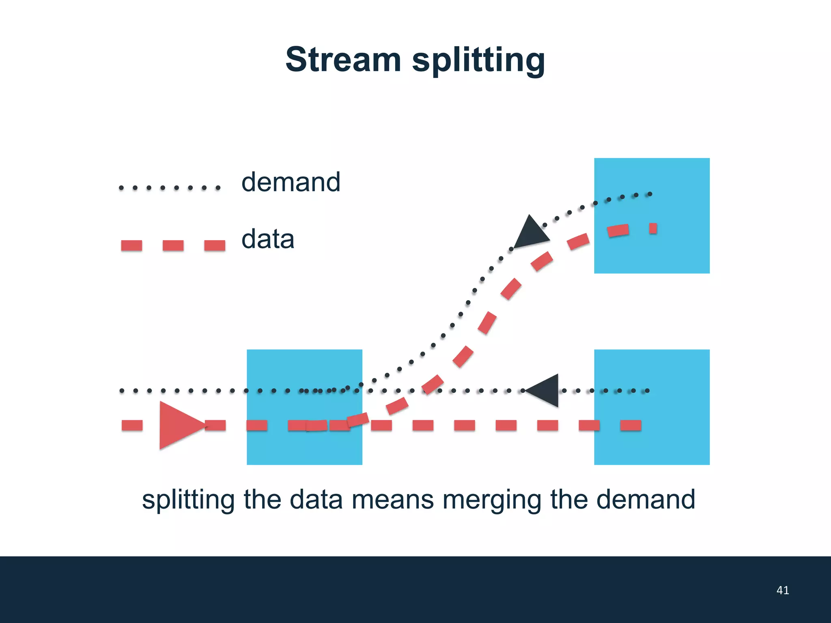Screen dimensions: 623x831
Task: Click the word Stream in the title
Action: [343, 60]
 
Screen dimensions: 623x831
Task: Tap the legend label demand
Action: [291, 182]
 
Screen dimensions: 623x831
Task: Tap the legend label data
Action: [268, 239]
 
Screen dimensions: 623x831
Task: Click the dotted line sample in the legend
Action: [170, 188]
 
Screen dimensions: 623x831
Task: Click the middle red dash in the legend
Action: [173, 245]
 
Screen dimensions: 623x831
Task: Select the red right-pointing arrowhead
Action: [179, 425]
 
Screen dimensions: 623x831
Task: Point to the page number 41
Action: [782, 590]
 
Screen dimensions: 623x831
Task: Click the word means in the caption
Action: [392, 500]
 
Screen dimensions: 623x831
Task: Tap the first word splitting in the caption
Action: [188, 500]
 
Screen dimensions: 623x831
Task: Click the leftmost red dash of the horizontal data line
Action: [132, 425]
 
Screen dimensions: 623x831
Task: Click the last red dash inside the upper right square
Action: [653, 228]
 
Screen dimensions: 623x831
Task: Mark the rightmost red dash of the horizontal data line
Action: [631, 425]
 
